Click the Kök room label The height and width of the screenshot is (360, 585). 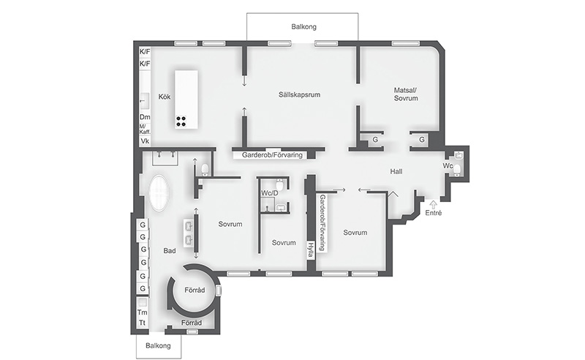click(164, 97)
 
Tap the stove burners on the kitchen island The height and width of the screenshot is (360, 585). click(181, 121)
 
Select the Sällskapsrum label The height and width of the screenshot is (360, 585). click(299, 94)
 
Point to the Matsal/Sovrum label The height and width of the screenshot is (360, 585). click(406, 94)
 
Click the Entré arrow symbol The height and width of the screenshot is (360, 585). click(433, 204)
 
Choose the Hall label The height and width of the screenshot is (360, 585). click(396, 171)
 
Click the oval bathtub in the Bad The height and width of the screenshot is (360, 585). click(159, 193)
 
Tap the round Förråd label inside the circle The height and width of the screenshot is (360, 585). click(195, 290)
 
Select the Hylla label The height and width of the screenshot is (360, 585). click(309, 250)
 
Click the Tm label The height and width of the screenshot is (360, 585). click(142, 312)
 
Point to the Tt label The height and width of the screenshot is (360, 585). click(142, 323)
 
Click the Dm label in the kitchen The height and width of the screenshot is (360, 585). click(145, 117)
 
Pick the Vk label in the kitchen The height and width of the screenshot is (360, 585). click(145, 140)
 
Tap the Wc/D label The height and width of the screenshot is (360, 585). click(269, 193)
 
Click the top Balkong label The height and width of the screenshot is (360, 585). click(303, 26)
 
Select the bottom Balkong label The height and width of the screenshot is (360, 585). click(158, 345)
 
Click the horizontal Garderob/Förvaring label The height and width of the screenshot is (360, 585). click(272, 154)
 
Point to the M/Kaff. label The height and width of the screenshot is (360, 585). click(145, 130)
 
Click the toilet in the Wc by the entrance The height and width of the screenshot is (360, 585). click(456, 170)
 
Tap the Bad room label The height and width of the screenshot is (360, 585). click(170, 250)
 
